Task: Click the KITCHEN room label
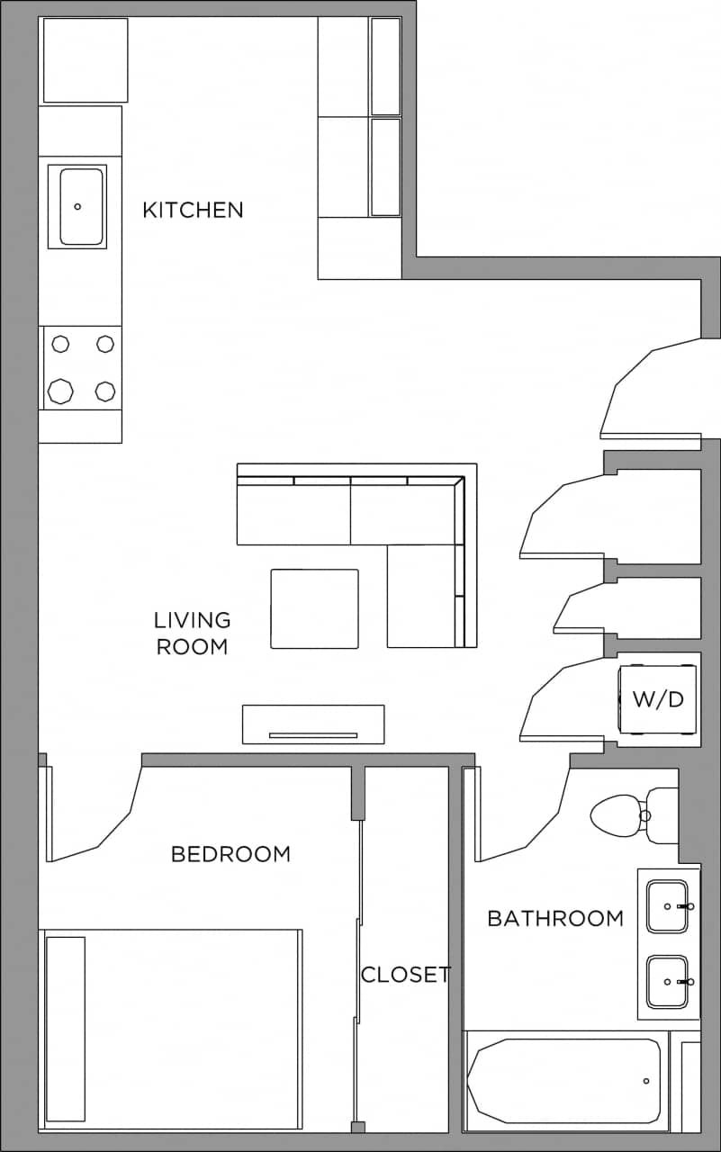pos(193,210)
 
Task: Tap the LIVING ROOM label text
pos(192,633)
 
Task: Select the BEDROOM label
pos(230,853)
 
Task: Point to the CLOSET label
pos(405,974)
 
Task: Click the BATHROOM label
pos(554,918)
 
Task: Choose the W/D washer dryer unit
pos(657,699)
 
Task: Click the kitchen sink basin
pos(81,206)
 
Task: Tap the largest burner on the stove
pos(60,391)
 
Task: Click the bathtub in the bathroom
pos(566,1081)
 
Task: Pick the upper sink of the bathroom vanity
pos(667,906)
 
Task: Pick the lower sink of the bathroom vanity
pos(667,982)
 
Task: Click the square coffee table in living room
pos(314,608)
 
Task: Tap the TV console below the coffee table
pos(313,724)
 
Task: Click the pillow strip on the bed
pos(65,1029)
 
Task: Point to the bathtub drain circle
pos(646,1081)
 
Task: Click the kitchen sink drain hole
pos(77,206)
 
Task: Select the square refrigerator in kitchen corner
pos(86,60)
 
